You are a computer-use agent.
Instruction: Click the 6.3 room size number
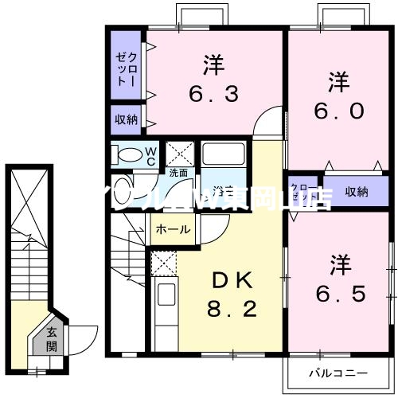[212, 95]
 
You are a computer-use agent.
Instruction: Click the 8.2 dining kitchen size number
[233, 309]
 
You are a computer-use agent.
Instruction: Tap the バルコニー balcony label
[338, 351]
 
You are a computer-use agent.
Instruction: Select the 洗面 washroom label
[178, 172]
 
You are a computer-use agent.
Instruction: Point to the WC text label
[148, 155]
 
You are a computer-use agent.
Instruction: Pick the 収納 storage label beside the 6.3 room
[127, 119]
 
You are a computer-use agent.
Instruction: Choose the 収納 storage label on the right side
[357, 191]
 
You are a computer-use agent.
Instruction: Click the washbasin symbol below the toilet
[123, 191]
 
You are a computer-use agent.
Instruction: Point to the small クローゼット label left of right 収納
[303, 192]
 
